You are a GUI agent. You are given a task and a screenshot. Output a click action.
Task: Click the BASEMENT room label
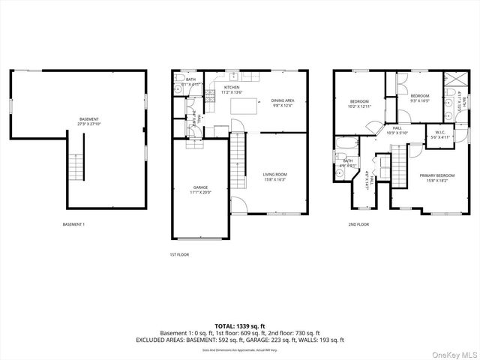point(88,121)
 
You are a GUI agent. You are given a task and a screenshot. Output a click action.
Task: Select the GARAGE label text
point(199,189)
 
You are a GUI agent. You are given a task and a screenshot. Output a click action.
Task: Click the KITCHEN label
point(232,89)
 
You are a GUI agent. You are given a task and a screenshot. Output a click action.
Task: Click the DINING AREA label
point(282,103)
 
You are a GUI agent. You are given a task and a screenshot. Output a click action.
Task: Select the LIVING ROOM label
point(276,176)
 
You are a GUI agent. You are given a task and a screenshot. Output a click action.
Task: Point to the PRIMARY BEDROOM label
point(436,177)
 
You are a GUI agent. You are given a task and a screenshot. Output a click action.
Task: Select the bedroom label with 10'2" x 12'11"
point(360,104)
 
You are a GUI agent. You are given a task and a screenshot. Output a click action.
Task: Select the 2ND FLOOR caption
point(358,224)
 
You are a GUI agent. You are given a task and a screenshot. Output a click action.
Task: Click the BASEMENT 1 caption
point(73,224)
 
